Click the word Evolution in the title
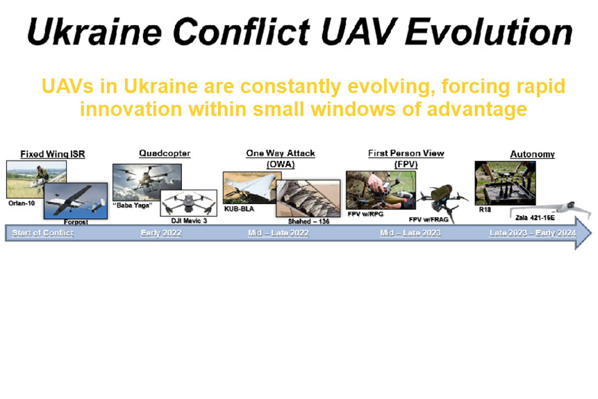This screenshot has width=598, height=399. point(489,32)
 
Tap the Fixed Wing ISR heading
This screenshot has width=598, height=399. point(53,154)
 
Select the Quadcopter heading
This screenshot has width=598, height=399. point(165,153)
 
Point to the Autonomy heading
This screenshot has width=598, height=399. point(533,154)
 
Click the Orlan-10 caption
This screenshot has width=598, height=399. point(22,203)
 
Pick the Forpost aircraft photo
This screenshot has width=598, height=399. point(76,201)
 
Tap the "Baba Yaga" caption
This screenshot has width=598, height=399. point(133,205)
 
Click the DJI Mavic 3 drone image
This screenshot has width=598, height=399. point(189,203)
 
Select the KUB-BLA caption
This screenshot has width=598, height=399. point(239,209)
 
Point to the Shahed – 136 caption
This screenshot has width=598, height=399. point(308,221)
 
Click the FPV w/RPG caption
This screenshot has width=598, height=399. point(365,214)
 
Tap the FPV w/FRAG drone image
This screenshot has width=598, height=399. point(443,201)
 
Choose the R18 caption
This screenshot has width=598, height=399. point(485,210)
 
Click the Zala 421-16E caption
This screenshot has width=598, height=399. point(535,218)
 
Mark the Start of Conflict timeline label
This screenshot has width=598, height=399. point(43,233)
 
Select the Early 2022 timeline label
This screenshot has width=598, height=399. point(161,233)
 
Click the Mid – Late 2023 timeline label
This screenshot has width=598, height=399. point(410,233)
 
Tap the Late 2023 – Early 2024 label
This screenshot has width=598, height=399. point(533,233)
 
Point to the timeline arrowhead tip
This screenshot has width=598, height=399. point(592,233)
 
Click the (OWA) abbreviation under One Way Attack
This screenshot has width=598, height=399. point(281,164)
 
